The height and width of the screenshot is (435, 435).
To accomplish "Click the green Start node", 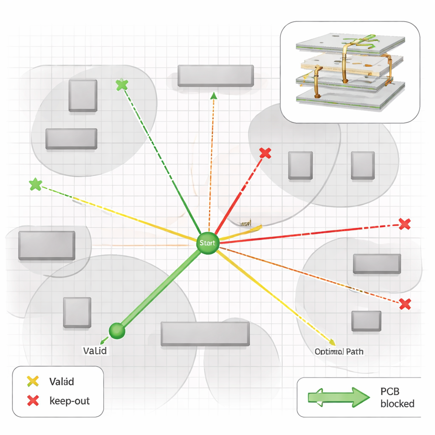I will pos(208,243).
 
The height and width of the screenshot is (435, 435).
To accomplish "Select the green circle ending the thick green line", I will pos(117,330).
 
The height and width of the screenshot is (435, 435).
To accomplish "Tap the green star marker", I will pos(36,184).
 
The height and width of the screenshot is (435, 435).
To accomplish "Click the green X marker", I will pos(122,85).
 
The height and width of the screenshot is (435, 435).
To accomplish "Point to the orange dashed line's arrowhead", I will pos(214,96).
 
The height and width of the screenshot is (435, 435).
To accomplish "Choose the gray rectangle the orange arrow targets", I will pos(215,76).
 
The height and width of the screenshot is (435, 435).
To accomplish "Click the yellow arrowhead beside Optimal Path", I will pos(332,342).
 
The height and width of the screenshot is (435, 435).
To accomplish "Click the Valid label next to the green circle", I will pos(95,351).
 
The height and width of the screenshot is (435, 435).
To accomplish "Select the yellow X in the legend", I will pos(33,381).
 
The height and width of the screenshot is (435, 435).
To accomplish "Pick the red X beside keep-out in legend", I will pos(33,400).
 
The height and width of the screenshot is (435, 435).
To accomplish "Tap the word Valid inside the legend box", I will pos(62,381).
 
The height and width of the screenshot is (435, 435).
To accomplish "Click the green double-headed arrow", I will pos(338,397).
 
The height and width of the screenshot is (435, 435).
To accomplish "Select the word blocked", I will pos(397,404).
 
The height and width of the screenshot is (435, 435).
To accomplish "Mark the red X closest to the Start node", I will pos(265,153).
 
